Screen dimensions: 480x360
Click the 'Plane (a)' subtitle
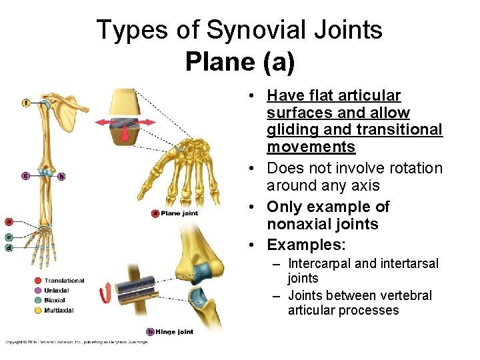(240, 62)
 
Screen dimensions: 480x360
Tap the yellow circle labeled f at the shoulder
(25, 102)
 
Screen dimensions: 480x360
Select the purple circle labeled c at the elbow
(25, 176)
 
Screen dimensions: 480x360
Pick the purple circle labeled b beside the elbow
(61, 177)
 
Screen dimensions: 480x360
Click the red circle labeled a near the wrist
(9, 221)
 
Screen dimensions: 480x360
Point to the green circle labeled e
(9, 237)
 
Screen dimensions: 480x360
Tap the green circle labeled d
(9, 247)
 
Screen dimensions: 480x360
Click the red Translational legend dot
(39, 281)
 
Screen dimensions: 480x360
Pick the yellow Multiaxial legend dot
(39, 310)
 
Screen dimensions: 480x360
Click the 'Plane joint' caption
(178, 213)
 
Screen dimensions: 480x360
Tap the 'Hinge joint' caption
(174, 331)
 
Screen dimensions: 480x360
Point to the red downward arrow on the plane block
(125, 134)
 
